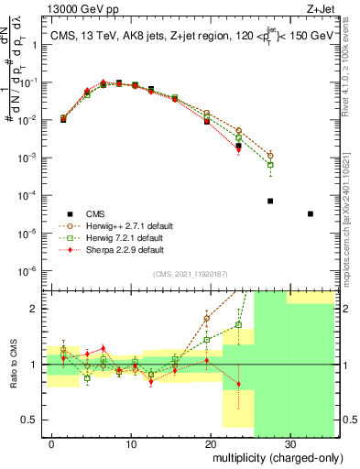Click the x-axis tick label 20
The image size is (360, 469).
[x=210, y=445]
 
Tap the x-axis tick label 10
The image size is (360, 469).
[x=131, y=445]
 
